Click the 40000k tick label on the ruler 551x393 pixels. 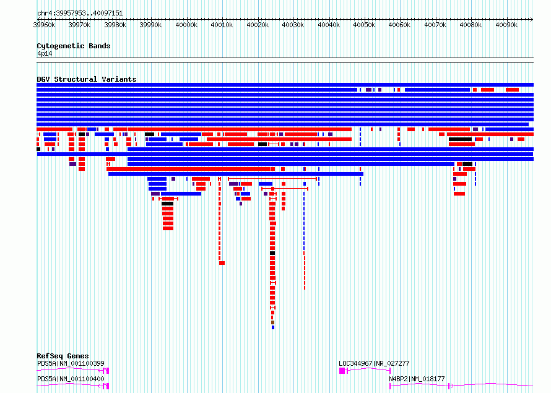(x=186, y=25)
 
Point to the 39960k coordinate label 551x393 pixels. (x=44, y=25)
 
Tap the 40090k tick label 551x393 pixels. (x=506, y=25)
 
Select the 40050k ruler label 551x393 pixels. (x=364, y=25)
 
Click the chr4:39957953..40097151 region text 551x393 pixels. (x=80, y=14)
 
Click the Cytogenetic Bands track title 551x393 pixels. (x=74, y=46)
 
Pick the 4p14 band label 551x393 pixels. (x=45, y=54)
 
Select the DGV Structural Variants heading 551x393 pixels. (x=87, y=79)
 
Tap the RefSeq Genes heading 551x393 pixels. (x=63, y=356)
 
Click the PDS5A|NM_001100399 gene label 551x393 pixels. (x=71, y=363)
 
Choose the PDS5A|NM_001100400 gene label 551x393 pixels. (x=71, y=379)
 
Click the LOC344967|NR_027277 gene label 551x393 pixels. (x=374, y=363)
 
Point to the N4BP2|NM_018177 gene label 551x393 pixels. (x=417, y=379)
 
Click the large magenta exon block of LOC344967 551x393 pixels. (x=342, y=371)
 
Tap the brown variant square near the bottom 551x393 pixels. (x=272, y=322)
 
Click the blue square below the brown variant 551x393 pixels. (x=273, y=327)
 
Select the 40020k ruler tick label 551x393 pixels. (x=258, y=25)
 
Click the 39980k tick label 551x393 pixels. (x=115, y=25)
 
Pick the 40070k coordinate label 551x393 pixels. (x=435, y=25)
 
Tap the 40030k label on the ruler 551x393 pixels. (x=293, y=25)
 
